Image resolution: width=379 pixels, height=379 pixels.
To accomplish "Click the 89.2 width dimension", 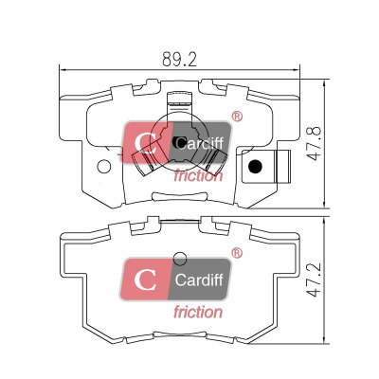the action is (x=179, y=59).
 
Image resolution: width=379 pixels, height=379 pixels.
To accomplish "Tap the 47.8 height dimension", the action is (x=314, y=144).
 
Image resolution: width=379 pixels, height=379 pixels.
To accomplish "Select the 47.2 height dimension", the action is (x=314, y=280).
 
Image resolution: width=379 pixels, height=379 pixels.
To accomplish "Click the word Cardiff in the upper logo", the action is (x=199, y=143).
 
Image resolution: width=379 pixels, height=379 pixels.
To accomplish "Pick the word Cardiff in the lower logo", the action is (x=199, y=280).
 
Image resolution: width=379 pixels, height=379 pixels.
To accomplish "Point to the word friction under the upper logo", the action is (x=198, y=175).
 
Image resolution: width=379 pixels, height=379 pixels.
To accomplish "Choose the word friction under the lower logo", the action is (x=198, y=312).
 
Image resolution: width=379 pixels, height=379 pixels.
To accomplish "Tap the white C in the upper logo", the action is (x=145, y=143).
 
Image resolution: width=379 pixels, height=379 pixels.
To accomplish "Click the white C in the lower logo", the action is (x=145, y=280).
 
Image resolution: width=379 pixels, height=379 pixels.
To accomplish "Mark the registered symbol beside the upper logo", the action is (x=237, y=117).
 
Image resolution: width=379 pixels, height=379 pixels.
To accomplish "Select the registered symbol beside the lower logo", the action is (x=237, y=253).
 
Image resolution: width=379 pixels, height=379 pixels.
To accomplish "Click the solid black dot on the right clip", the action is (x=255, y=167).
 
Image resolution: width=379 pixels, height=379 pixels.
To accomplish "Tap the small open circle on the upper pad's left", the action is (x=104, y=166).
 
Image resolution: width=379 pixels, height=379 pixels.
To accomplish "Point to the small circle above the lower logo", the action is (x=181, y=258).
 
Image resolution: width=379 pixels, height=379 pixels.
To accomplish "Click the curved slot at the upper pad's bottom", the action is (x=180, y=196).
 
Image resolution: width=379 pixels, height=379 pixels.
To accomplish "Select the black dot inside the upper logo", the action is (x=176, y=142).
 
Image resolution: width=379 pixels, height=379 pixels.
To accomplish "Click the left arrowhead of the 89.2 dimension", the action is (x=63, y=69).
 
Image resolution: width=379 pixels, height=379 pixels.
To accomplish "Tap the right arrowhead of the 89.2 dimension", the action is (x=297, y=69).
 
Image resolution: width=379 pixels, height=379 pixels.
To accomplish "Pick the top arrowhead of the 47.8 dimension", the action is (x=325, y=83).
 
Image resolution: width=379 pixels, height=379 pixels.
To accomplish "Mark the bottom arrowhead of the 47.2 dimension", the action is (x=325, y=340).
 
